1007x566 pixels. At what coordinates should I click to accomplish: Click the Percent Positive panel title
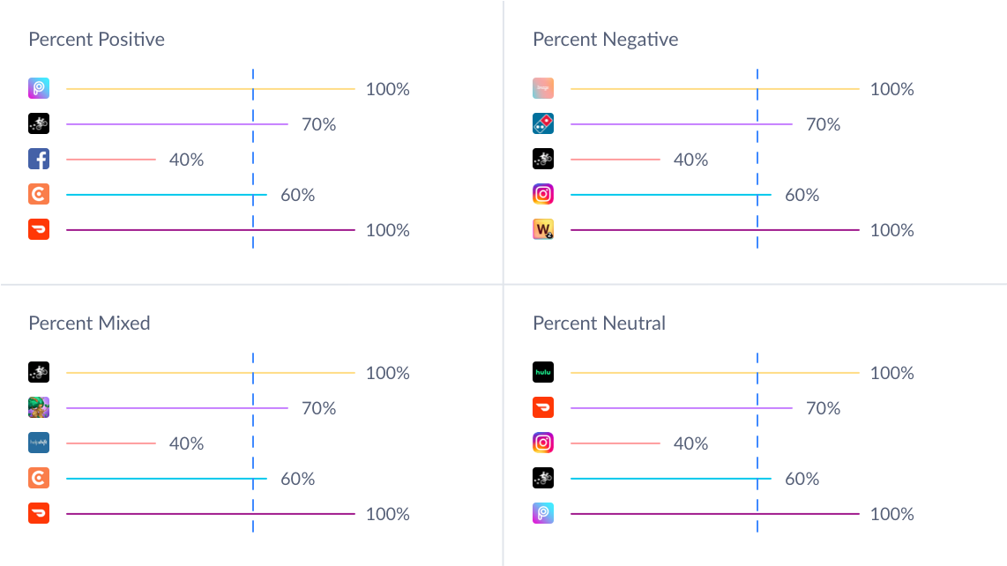click(96, 40)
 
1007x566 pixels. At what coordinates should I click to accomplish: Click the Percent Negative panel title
click(605, 40)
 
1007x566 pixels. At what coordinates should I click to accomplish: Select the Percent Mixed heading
click(89, 324)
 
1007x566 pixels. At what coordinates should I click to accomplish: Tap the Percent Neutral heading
click(599, 324)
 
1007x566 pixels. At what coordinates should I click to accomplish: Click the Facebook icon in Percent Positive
click(39, 160)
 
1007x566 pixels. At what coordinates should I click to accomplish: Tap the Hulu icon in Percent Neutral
click(543, 373)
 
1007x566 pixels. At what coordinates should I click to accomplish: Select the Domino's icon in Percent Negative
click(543, 124)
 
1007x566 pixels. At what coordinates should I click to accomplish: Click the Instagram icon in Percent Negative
click(543, 195)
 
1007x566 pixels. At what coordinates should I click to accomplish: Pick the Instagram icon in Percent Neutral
click(543, 443)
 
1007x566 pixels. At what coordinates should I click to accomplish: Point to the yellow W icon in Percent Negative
click(543, 230)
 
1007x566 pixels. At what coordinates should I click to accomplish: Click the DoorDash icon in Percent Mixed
click(39, 514)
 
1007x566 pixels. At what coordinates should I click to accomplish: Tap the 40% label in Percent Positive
click(186, 160)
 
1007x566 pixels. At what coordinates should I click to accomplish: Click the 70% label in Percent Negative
click(823, 124)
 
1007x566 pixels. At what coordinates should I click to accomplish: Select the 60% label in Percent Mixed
click(297, 479)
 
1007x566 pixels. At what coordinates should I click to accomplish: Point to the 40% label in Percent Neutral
click(690, 443)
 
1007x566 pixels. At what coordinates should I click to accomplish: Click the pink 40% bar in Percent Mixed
click(110, 443)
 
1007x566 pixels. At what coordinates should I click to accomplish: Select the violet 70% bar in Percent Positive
click(176, 124)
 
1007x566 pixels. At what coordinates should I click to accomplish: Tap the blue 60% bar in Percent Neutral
click(670, 479)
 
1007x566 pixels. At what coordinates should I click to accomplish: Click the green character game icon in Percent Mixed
click(39, 408)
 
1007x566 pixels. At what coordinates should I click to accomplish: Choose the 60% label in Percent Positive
click(297, 195)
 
